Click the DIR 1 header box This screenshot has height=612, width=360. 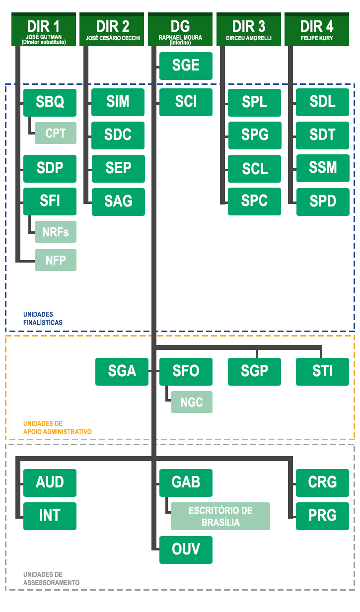(x=44, y=30)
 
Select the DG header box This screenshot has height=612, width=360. (x=180, y=30)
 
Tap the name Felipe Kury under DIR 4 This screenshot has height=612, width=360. (x=317, y=38)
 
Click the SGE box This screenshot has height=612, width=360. (x=186, y=66)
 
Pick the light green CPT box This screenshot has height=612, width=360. (x=56, y=133)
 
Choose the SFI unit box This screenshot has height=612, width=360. (x=50, y=201)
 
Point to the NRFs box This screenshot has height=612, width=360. (x=56, y=232)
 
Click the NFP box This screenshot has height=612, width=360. (x=56, y=260)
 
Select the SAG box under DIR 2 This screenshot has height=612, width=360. (x=118, y=202)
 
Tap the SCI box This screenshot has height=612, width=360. (x=186, y=102)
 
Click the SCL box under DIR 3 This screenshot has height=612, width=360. (x=254, y=169)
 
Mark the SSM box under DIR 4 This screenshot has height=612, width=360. (x=323, y=168)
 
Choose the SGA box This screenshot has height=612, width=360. (x=122, y=371)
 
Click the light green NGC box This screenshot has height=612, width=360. (x=192, y=402)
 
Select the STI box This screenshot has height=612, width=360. (x=323, y=371)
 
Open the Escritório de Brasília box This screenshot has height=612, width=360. (x=220, y=516)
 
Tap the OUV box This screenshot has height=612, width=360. (x=186, y=549)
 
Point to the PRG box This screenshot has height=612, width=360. (x=323, y=516)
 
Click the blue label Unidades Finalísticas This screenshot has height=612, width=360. (x=43, y=318)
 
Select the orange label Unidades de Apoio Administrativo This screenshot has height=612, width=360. (x=57, y=427)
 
